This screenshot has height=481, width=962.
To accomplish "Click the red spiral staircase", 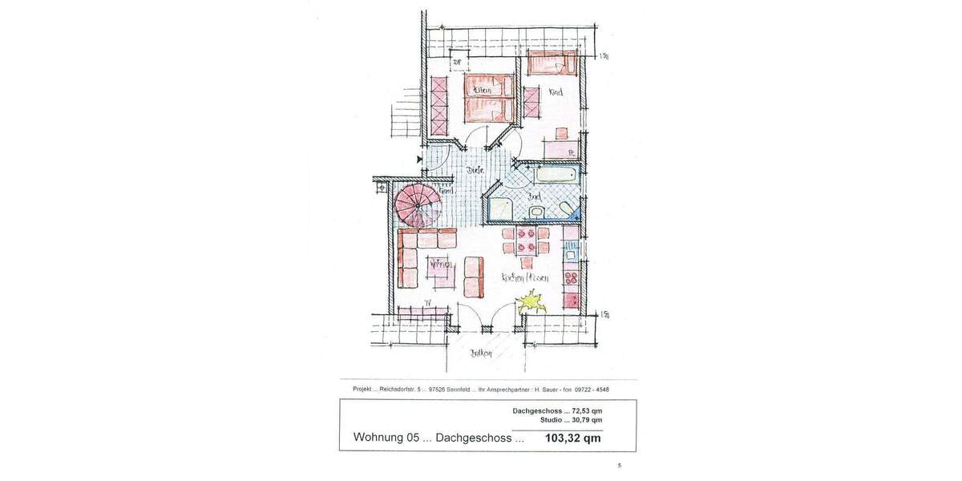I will click(416, 205).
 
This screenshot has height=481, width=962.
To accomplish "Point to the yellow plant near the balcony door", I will click(530, 303).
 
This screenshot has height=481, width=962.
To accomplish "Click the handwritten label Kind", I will click(555, 92).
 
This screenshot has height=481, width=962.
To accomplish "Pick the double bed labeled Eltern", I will click(488, 95).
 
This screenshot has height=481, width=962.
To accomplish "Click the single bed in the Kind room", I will click(552, 63).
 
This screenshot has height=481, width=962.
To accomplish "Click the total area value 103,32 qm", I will click(572, 439).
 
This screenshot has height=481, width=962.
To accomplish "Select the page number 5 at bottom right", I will click(619, 465).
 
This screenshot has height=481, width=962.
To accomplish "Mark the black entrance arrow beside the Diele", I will click(419, 160).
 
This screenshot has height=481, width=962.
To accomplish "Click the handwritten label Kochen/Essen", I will click(525, 277).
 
